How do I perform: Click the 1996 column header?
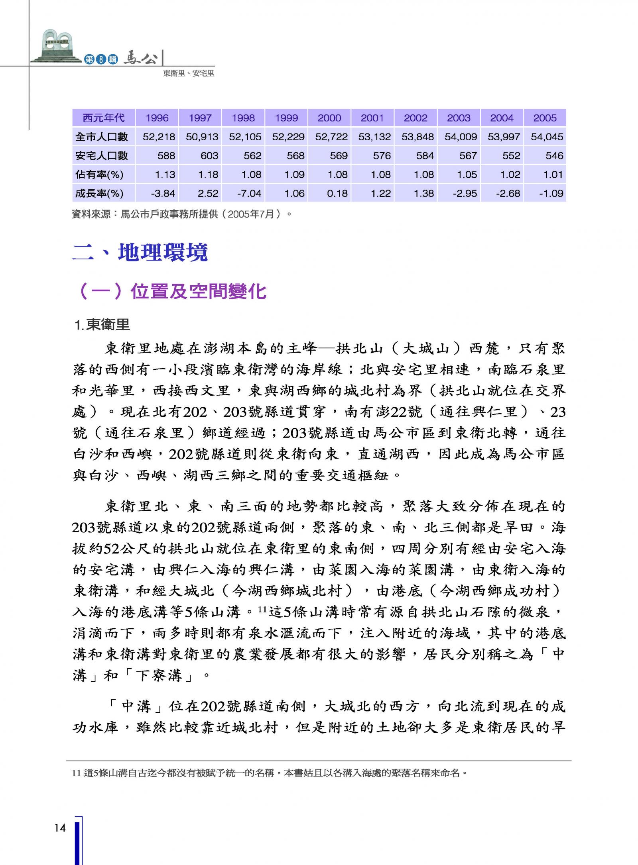pos(157,118)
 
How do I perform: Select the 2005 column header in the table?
pos(545,118)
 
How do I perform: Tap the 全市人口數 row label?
pos(102,137)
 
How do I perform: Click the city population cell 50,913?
pos(202,137)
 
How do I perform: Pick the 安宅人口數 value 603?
pos(209,155)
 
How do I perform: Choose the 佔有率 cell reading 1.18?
pos(208,175)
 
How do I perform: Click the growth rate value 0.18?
pos(337,194)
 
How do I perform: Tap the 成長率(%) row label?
pos(99,194)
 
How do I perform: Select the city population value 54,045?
pos(547,137)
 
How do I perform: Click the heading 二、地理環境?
pos(140,252)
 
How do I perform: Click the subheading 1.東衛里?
pos(102,325)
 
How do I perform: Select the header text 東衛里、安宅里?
pos(189,74)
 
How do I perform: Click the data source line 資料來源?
pos(182,214)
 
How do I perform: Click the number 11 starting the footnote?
pos(77,773)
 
